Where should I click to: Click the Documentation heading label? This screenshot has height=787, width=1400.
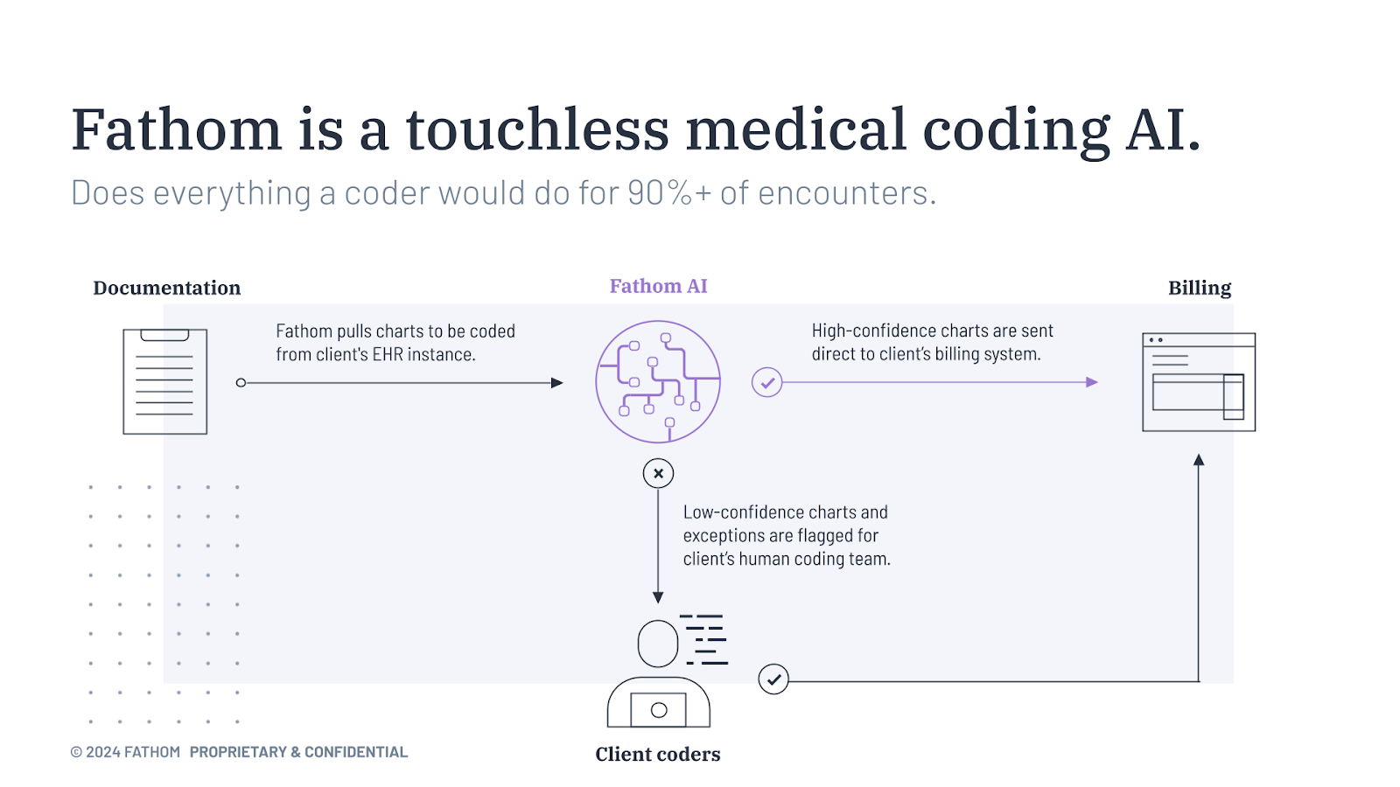point(167,288)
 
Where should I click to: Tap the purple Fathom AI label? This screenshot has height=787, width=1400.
point(658,286)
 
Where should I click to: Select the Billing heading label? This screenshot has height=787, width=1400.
point(1200,288)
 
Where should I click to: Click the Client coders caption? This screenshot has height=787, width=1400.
point(657,755)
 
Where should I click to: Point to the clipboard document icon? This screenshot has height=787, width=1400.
point(165,381)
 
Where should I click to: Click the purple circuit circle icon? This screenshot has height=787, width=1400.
point(596,381)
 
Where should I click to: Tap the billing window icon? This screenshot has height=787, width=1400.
point(1199,382)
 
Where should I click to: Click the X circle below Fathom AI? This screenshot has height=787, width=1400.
point(658,473)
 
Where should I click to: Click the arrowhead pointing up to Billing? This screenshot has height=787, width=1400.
point(1199,460)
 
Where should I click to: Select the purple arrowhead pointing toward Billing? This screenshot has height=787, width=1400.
point(1092,382)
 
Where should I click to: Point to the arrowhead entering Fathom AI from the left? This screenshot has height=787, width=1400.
point(556,383)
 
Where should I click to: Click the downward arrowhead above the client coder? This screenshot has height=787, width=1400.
point(658,598)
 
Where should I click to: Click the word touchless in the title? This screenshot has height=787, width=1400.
point(537,129)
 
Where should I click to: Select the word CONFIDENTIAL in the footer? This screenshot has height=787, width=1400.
point(355,752)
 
